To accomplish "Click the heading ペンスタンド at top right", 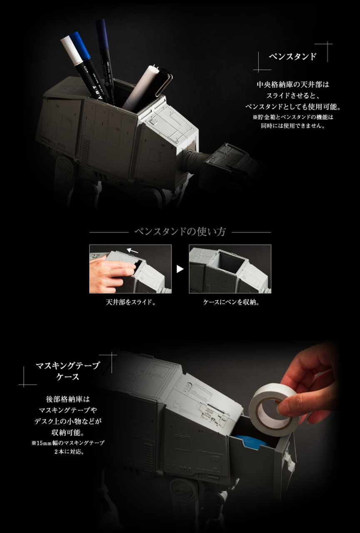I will click(293, 57).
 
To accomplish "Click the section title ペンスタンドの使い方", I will click(180, 232).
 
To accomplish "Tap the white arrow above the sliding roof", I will click(132, 251).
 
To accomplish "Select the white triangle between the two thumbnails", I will click(180, 269).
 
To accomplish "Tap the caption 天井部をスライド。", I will click(130, 302).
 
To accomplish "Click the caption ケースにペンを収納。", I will click(230, 302).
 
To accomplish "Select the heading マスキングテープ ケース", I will click(67, 371).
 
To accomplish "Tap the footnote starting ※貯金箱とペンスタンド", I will click(293, 122).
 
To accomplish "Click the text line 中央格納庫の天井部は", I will click(293, 85).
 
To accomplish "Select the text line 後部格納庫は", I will click(67, 399).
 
